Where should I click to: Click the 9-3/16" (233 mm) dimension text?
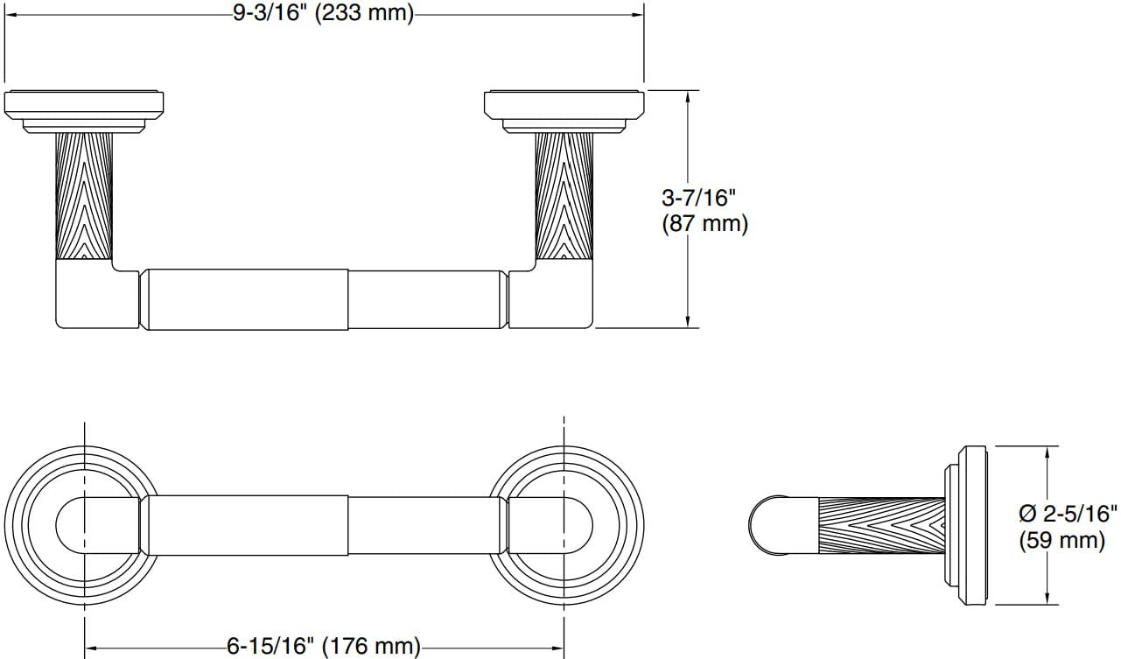tap(323, 15)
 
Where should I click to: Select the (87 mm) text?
tap(704, 223)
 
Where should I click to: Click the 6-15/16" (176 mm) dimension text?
tap(323, 647)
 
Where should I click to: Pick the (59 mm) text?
tap(1061, 540)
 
